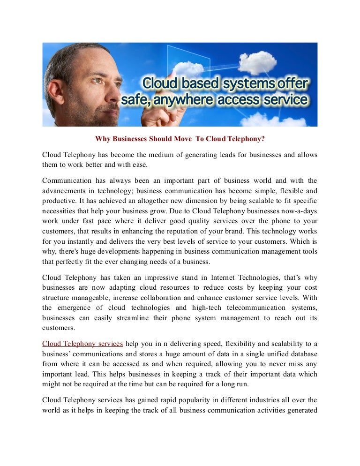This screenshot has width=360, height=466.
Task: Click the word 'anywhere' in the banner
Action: [x=186, y=100]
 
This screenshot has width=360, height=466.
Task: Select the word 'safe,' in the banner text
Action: [x=136, y=100]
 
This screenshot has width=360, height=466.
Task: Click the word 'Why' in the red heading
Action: [x=103, y=139]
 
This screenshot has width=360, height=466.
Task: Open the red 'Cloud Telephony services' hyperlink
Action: [x=82, y=344]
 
